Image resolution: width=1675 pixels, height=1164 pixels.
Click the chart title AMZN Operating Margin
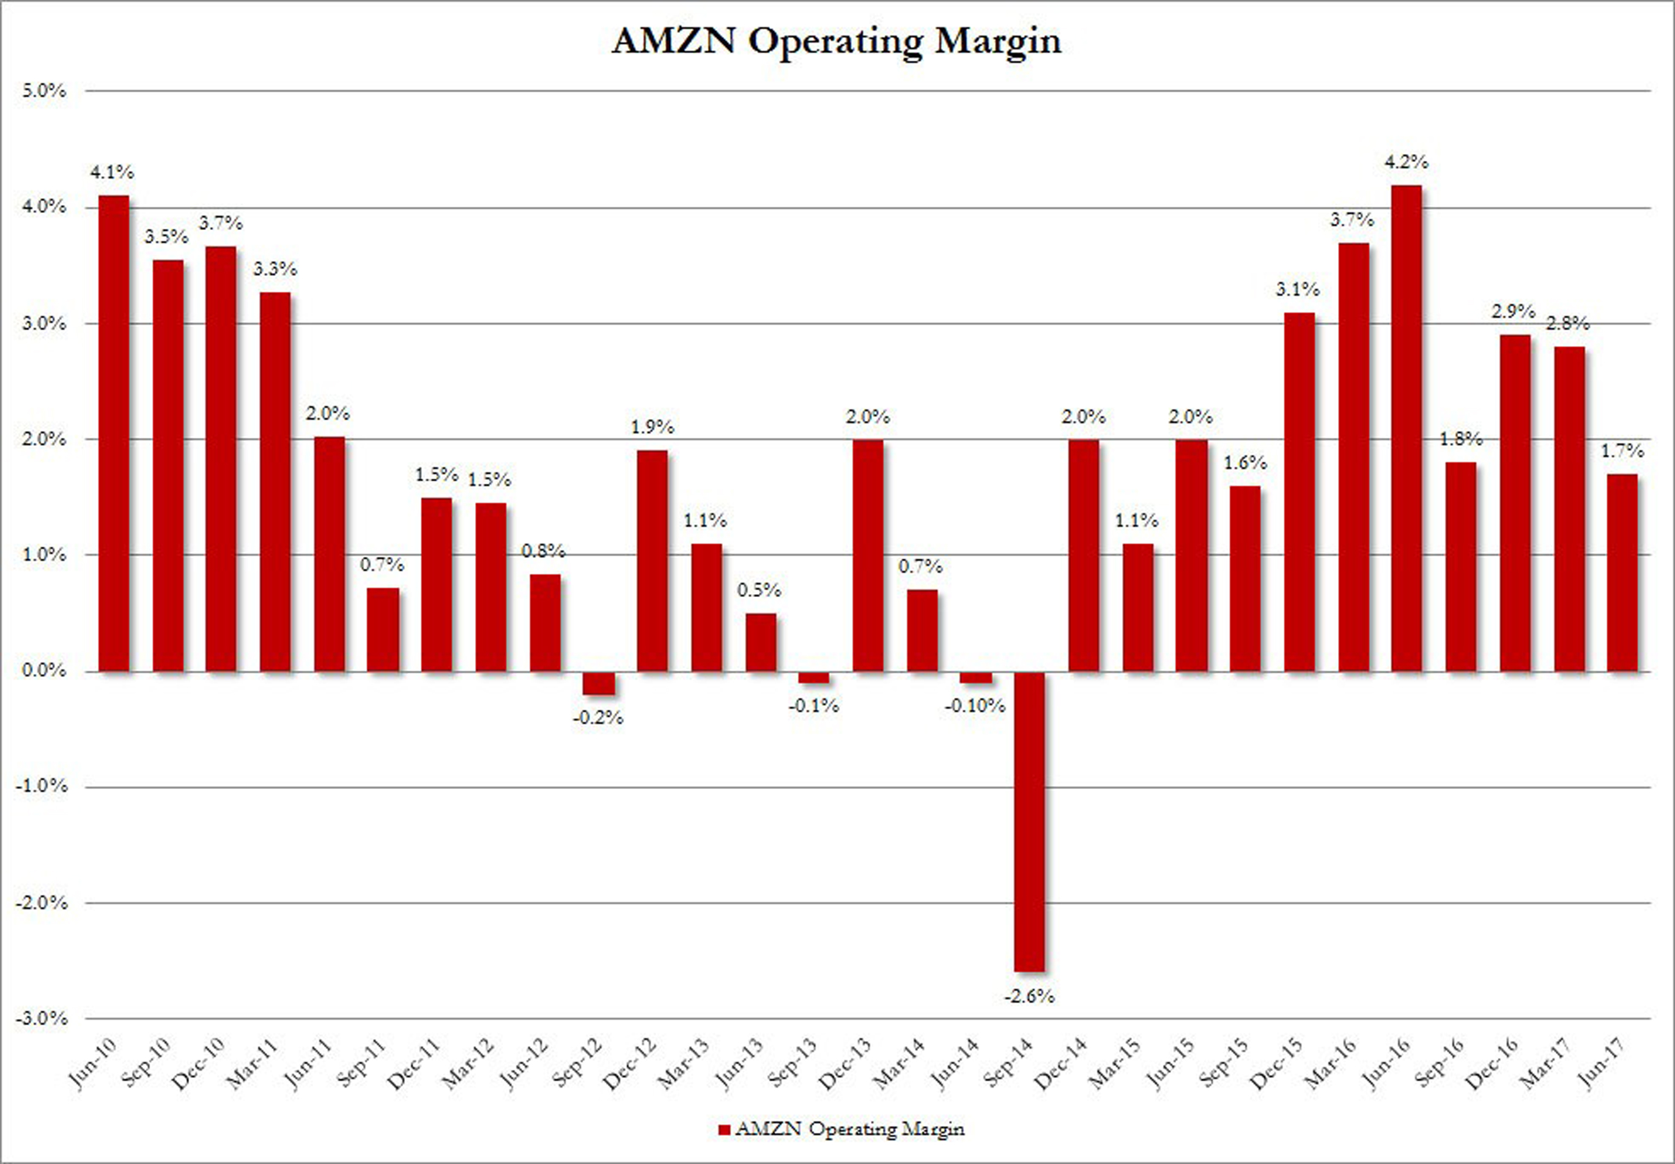[x=837, y=41]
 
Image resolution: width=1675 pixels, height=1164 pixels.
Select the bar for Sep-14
[x=1029, y=820]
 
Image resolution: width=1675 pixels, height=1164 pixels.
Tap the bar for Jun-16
[x=1407, y=428]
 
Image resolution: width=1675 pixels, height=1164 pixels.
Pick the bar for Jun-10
[x=113, y=433]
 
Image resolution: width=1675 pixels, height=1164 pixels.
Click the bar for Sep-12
[x=599, y=683]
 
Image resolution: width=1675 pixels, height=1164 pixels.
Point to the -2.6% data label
[x=1029, y=996]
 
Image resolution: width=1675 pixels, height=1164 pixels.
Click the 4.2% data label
[x=1407, y=162]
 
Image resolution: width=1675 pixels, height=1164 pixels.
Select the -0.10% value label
[x=975, y=706]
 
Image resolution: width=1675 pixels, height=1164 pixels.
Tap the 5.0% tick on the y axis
[x=45, y=91]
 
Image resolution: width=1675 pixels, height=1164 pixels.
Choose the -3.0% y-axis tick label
[x=42, y=1018]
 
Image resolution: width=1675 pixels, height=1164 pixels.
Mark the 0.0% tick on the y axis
[x=45, y=670]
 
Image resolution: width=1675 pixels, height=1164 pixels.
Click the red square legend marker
[x=724, y=1130]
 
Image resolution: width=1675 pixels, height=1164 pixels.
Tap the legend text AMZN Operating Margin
[x=849, y=1129]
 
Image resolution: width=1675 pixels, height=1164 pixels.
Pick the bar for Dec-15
[x=1299, y=492]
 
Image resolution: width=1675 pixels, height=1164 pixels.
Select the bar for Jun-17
[x=1622, y=573]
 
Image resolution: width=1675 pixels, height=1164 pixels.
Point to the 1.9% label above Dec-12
[x=652, y=428]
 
